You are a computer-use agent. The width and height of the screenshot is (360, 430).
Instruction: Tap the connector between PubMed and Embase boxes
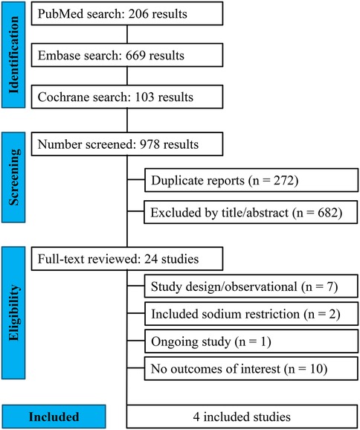pos(128,34)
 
